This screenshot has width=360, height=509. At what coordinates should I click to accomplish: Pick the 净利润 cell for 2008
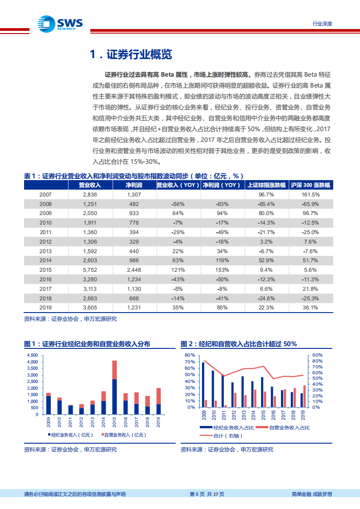click(134, 204)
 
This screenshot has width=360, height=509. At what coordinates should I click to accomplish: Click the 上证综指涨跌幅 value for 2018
click(266, 298)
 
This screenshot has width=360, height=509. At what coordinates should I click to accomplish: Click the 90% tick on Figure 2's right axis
click(317, 355)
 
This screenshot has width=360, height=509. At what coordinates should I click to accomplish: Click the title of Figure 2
click(239, 344)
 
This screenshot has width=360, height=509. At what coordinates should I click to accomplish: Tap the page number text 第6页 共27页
click(207, 494)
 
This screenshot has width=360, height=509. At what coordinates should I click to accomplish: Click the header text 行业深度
click(322, 24)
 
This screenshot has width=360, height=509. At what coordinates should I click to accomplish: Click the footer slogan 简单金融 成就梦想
click(311, 494)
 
